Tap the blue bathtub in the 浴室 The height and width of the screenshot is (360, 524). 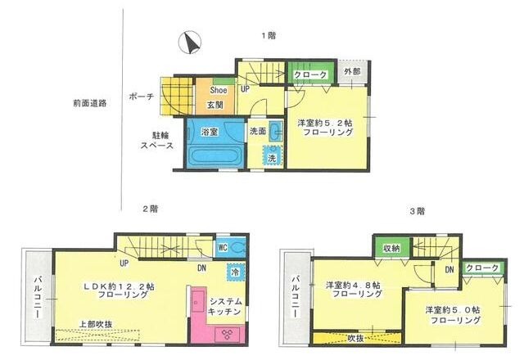pos(215,155)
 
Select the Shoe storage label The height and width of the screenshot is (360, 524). pos(219,89)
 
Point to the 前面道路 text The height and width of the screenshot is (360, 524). pos(88,104)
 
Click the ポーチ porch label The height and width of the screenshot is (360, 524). pos(141,97)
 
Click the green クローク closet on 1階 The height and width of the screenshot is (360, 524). pos(311,74)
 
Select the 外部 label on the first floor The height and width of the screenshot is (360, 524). pos(352,73)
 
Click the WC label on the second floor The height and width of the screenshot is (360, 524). pos(223,246)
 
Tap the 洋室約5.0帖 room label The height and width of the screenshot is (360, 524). pos(453,315)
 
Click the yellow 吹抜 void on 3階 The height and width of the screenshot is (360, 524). pos(355,338)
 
